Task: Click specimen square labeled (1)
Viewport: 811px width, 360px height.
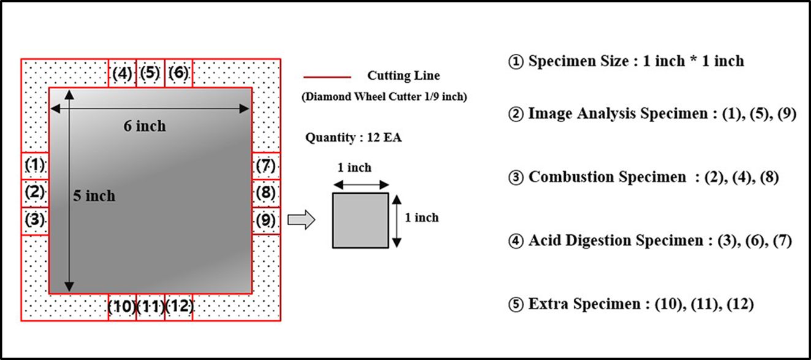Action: pos(35,166)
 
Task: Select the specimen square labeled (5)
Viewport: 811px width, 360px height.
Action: pos(150,73)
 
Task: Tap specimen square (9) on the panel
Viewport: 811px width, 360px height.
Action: pos(265,220)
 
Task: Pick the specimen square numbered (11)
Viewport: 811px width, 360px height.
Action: pos(150,307)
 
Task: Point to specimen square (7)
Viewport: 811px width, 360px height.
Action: pos(265,166)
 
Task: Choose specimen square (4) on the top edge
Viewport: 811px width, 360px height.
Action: pos(122,73)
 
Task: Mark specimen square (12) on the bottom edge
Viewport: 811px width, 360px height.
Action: pos(179,307)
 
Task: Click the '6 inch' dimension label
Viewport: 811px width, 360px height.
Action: pos(145,126)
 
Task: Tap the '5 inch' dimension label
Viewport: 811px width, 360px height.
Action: pos(94,196)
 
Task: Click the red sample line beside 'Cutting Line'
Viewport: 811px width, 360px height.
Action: pos(327,77)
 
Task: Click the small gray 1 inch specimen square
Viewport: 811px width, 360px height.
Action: pos(360,220)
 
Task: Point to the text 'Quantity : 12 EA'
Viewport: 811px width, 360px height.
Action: pos(353,138)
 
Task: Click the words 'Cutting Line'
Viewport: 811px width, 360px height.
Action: pos(403,76)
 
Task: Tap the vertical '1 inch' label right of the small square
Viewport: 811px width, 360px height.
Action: pos(422,218)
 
